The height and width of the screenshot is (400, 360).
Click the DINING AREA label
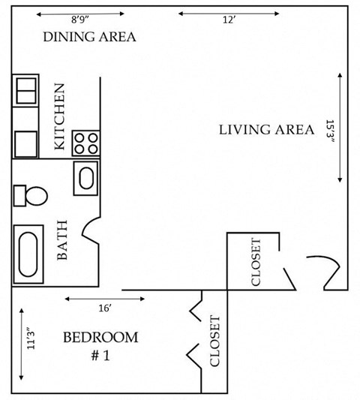point(89,37)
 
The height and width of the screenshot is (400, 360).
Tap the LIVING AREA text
point(266,129)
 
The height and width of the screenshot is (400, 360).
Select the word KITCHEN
point(60,117)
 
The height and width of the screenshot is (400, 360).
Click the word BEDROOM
point(100,337)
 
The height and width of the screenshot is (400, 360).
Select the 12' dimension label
point(229,21)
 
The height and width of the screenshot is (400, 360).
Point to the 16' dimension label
point(104,308)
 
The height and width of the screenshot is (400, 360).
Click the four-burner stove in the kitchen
point(86,143)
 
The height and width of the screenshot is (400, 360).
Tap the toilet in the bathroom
point(31,197)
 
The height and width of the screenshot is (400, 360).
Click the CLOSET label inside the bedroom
point(214,341)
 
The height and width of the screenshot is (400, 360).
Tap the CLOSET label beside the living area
point(255,262)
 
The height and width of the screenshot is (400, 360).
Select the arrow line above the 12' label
point(229,13)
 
